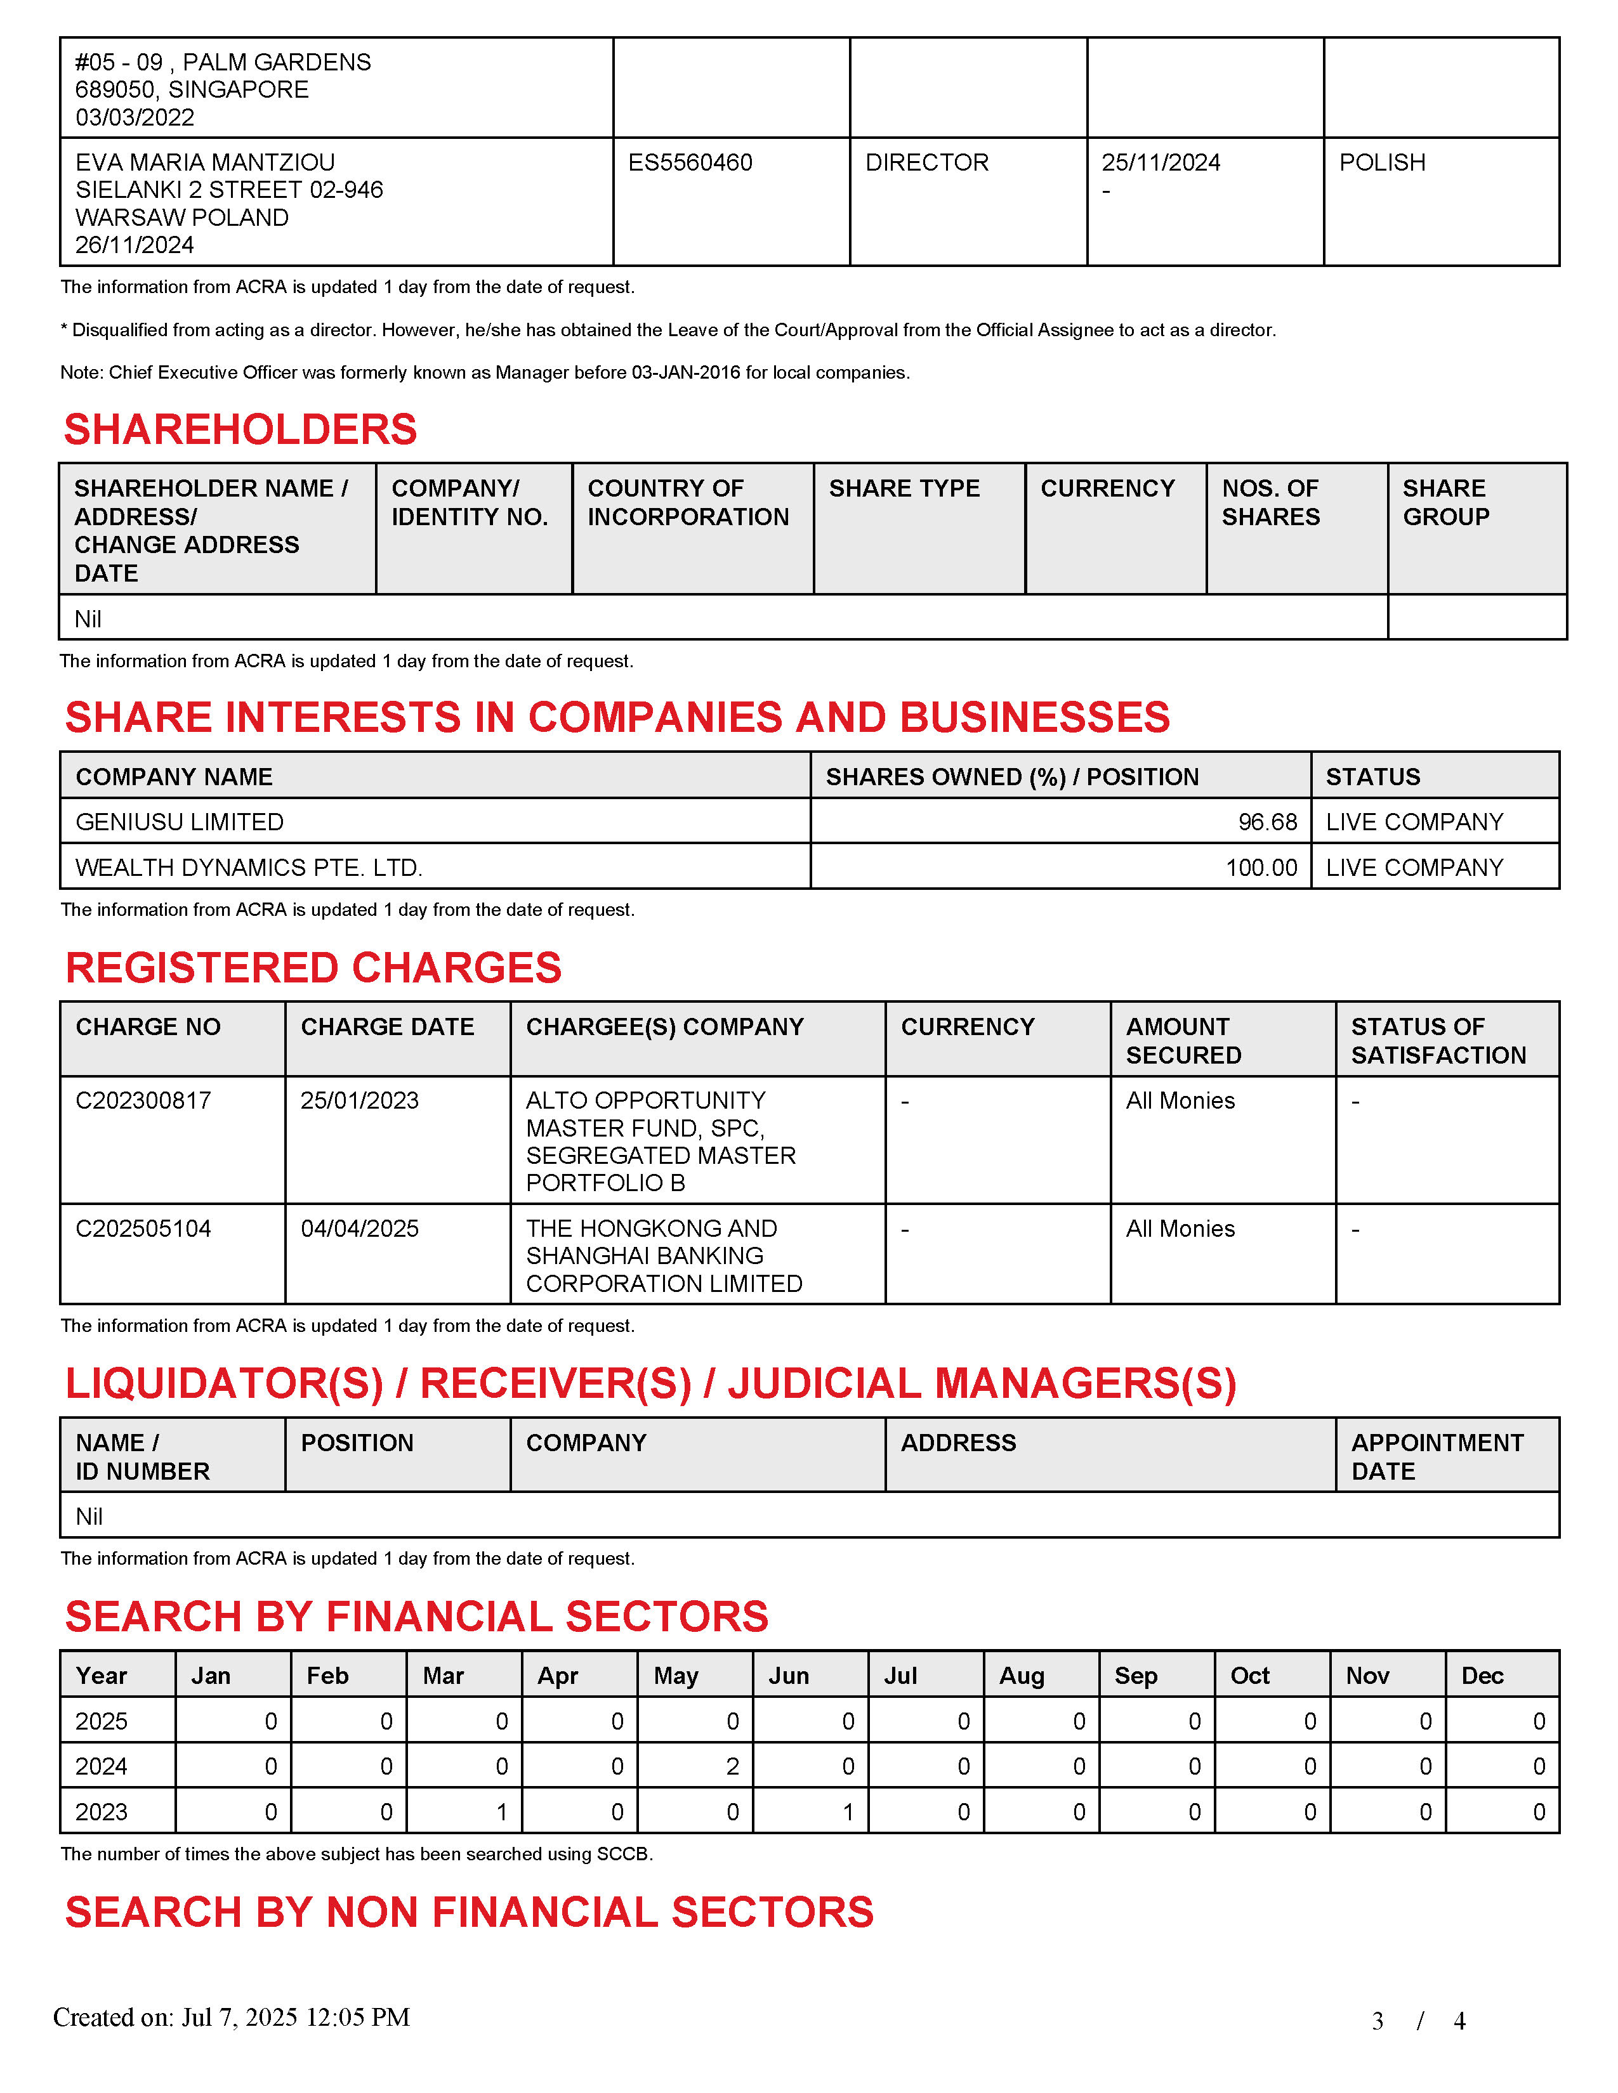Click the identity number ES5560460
click(690, 163)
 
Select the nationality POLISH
click(1381, 163)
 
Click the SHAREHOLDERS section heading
click(240, 429)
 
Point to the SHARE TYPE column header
click(904, 489)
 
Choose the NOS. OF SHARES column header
click(1270, 502)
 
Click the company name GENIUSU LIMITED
click(179, 822)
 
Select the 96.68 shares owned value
click(1267, 822)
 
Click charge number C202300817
click(143, 1100)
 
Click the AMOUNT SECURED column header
click(1183, 1041)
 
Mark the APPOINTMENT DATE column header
click(1436, 1457)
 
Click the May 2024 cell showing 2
click(732, 1766)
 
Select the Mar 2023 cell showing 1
click(501, 1812)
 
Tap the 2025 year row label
click(101, 1721)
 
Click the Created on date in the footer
click(231, 2018)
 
